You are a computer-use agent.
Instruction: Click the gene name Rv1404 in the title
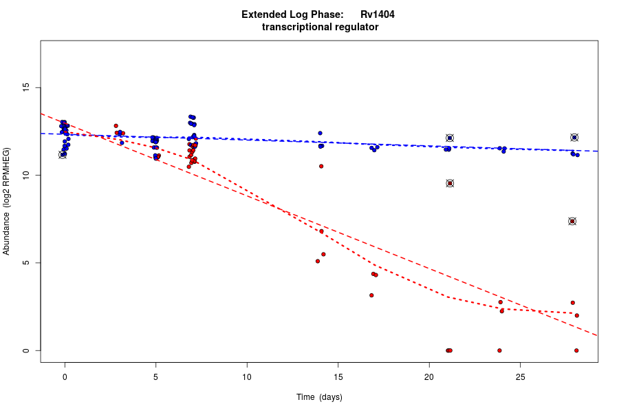(377, 14)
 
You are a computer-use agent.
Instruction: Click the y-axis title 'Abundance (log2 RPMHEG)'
(7, 201)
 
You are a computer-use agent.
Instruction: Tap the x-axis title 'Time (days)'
(319, 397)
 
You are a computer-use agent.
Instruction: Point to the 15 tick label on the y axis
(28, 87)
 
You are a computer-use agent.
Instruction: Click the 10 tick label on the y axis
(28, 176)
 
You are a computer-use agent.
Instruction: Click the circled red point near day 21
(450, 183)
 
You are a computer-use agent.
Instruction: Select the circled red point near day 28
(572, 221)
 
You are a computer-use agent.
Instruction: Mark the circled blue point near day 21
(450, 138)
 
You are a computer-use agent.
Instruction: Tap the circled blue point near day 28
(574, 138)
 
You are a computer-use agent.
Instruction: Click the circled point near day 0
(63, 155)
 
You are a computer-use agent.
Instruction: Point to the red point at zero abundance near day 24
(499, 350)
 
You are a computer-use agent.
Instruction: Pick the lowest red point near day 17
(371, 295)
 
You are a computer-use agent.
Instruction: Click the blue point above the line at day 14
(320, 133)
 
